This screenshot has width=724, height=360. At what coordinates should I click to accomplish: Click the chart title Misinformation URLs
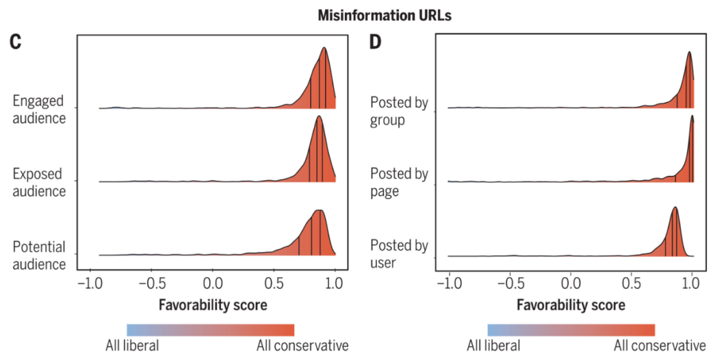[x=362, y=14]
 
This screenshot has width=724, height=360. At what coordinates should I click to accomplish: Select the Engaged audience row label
[x=38, y=109]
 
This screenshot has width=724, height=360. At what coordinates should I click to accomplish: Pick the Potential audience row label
[x=39, y=254]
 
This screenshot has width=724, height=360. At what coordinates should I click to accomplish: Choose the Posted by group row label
[x=399, y=111]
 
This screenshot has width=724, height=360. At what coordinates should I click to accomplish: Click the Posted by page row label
[x=399, y=183]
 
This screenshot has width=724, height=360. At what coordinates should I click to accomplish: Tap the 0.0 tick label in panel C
[x=213, y=284]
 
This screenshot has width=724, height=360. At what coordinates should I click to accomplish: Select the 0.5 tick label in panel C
[x=274, y=284]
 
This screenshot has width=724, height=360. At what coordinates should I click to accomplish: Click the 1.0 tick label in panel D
[x=692, y=284]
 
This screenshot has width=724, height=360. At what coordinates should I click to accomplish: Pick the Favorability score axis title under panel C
[x=213, y=305]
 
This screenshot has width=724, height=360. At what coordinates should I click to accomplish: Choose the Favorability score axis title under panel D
[x=571, y=305]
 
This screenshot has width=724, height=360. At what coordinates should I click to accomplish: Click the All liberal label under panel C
[x=132, y=345]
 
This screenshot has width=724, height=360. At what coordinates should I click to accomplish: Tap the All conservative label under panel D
[x=660, y=345]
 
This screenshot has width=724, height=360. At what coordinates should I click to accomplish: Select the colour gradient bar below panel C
[x=211, y=330]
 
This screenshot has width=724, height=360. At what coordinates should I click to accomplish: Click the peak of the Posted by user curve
[x=675, y=208]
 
